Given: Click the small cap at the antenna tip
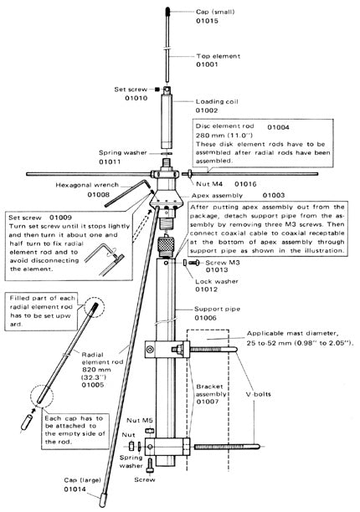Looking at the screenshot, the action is click(167, 11).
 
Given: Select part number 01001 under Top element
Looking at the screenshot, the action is click(207, 64).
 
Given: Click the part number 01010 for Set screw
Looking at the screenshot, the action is click(136, 98).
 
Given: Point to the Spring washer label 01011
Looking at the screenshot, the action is click(110, 161).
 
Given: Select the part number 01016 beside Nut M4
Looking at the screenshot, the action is click(245, 184).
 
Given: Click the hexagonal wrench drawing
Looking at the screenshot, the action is click(129, 192).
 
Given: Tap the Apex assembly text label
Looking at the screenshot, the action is click(217, 196).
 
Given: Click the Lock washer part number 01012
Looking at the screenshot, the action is click(207, 289).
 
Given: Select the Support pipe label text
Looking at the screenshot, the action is click(217, 309).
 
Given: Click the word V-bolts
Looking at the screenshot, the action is click(258, 394).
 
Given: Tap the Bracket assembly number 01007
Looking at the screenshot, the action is click(207, 402).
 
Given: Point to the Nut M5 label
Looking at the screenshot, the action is click(140, 420).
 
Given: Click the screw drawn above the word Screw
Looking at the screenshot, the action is click(150, 464).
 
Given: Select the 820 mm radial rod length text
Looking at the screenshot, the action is click(96, 370).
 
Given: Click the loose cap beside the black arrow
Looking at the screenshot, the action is click(26, 422).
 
